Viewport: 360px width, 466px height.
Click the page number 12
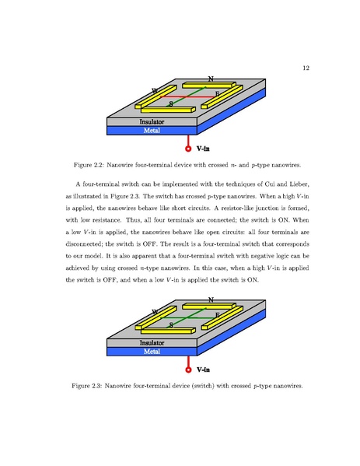[306, 68]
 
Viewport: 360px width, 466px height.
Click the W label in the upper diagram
[155, 92]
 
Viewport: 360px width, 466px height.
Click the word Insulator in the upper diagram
[152, 122]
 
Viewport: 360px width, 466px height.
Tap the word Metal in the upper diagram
[152, 131]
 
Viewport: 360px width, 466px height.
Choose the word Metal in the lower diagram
[152, 352]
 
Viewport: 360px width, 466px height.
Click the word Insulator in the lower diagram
[152, 342]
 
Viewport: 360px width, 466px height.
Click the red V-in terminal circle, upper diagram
[189, 148]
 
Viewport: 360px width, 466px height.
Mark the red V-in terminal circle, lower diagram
[189, 368]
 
